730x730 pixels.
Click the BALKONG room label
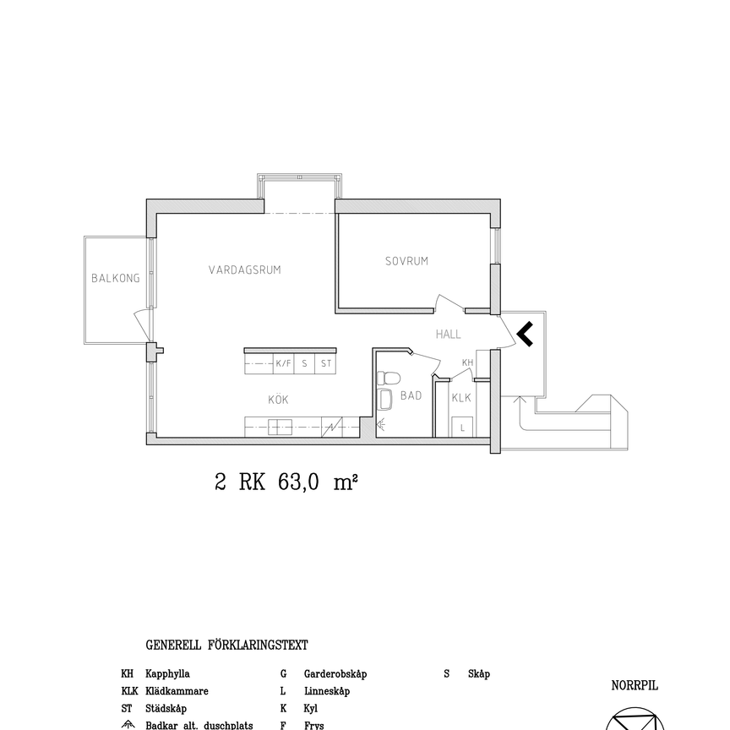coord(116,278)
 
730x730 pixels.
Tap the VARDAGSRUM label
coord(245,270)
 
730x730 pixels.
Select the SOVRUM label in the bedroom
coord(407,261)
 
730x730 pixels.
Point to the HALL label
coord(449,334)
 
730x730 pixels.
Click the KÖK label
coord(279,399)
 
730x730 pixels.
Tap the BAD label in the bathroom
coord(411,395)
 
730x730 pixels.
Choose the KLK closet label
coord(461,398)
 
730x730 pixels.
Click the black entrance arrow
coord(526,334)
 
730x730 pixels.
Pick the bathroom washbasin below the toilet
coord(385,400)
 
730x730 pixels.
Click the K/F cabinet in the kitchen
coord(284,363)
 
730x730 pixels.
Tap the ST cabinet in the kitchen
coord(326,363)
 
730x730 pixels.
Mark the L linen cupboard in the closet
coord(462,427)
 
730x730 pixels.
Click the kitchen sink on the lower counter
coord(280,427)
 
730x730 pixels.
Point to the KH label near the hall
coord(467,362)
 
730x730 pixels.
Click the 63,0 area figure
coord(298,482)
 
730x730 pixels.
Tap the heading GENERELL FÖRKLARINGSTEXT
coord(226,646)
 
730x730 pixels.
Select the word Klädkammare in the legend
coord(177,691)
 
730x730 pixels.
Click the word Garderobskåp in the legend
coord(335,674)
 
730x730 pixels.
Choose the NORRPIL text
coord(635,686)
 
